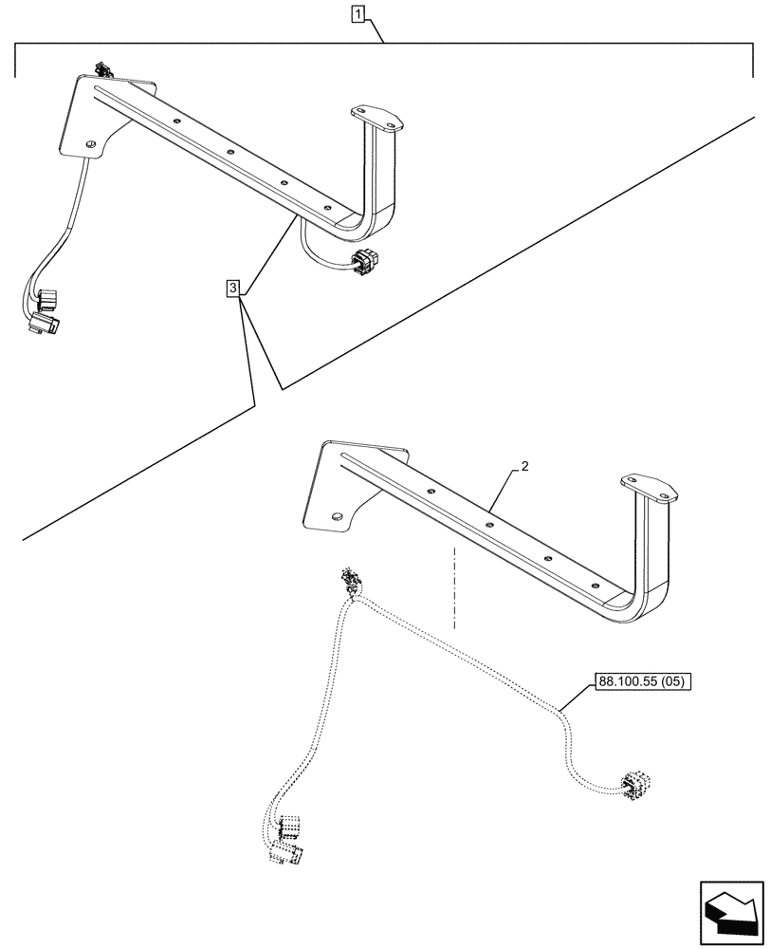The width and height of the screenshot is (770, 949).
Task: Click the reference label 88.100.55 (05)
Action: pyautogui.click(x=644, y=680)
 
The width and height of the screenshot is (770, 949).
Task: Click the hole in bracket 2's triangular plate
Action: pyautogui.click(x=337, y=517)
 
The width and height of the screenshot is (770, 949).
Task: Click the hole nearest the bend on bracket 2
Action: pyautogui.click(x=594, y=585)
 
